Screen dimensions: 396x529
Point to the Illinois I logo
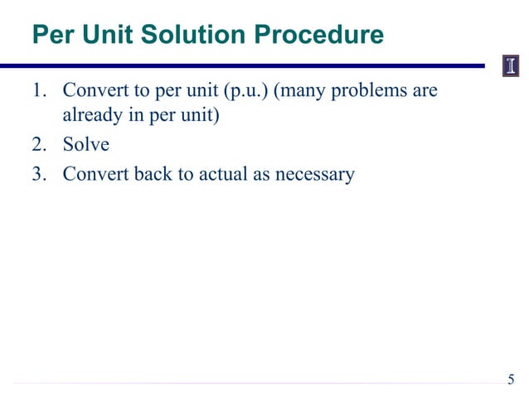point(511,66)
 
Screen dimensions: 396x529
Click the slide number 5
point(511,380)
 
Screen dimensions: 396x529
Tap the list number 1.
point(38,89)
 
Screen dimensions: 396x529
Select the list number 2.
point(39,145)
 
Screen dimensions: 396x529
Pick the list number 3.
point(39,175)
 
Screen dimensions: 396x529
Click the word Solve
point(86,145)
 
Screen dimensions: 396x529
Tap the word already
point(92,115)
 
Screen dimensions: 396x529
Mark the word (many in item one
point(300,89)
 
